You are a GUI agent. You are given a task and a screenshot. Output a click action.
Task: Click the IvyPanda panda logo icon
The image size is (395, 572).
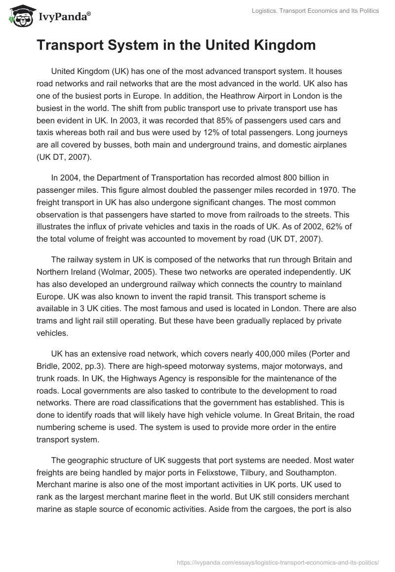point(19,16)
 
